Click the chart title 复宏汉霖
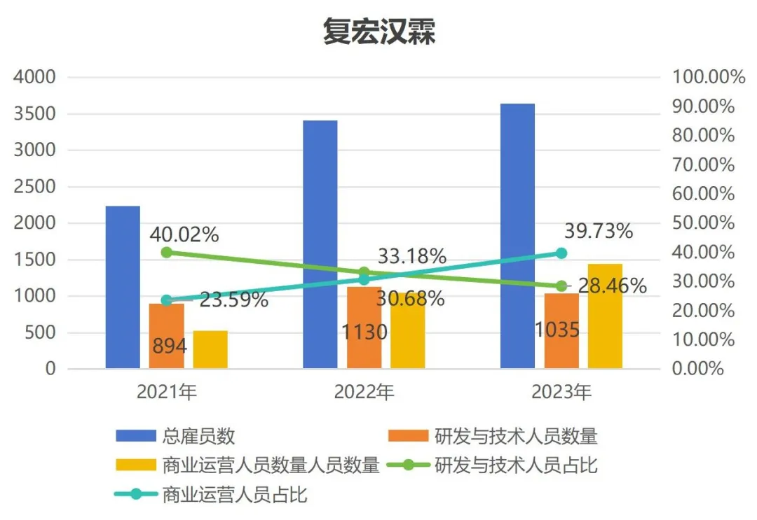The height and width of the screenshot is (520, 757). (378, 31)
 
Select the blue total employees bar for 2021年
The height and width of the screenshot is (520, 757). (123, 287)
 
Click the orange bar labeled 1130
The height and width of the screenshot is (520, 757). (364, 328)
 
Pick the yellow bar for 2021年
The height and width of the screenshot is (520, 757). (210, 349)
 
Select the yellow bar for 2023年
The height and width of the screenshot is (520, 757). (605, 316)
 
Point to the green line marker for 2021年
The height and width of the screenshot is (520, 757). (166, 253)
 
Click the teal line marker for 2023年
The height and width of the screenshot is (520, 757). (561, 253)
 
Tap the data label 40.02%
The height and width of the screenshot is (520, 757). (184, 233)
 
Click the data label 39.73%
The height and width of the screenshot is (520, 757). (598, 230)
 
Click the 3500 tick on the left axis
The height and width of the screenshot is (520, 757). (34, 113)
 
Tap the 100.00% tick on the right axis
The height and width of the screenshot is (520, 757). (709, 77)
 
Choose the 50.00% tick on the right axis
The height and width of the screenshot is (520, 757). (704, 223)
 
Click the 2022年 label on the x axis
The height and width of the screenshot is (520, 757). (364, 392)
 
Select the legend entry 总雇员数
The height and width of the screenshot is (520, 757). (175, 437)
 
